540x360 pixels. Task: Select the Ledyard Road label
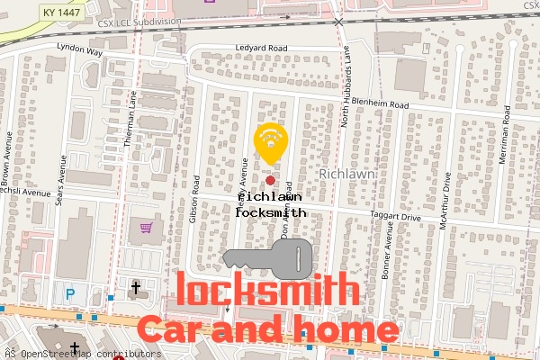pyautogui.click(x=260, y=48)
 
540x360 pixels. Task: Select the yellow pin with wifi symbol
pyautogui.click(x=270, y=142)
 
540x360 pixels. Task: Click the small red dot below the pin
pyautogui.click(x=270, y=181)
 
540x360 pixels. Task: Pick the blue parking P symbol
pyautogui.click(x=69, y=293)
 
